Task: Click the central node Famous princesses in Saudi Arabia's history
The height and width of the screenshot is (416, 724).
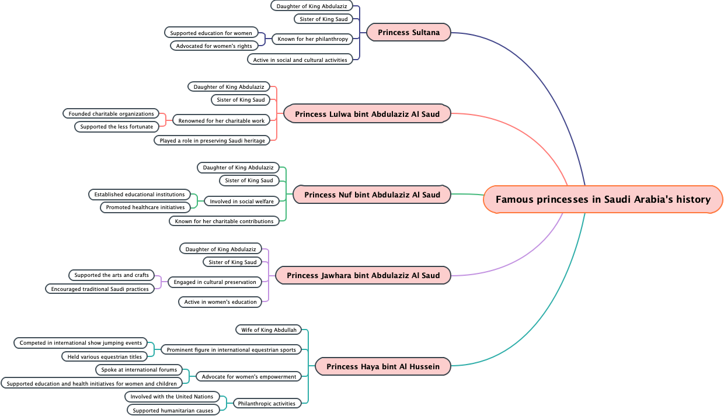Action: pyautogui.click(x=603, y=200)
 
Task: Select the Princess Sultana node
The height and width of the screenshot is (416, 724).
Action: pyautogui.click(x=409, y=33)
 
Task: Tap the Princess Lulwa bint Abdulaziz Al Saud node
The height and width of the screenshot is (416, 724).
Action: pyautogui.click(x=367, y=114)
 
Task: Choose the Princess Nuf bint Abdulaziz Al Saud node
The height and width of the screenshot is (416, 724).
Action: pyautogui.click(x=372, y=195)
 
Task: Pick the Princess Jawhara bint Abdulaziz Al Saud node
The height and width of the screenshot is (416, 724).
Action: pyautogui.click(x=363, y=275)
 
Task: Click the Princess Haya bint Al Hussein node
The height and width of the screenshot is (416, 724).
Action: pyautogui.click(x=383, y=367)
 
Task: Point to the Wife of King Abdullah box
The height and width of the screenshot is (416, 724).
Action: pyautogui.click(x=269, y=330)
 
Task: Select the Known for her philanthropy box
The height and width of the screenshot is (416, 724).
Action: pyautogui.click(x=312, y=39)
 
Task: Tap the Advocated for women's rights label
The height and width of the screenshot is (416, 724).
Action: pyautogui.click(x=214, y=46)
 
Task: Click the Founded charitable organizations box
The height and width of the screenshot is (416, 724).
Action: pyautogui.click(x=111, y=114)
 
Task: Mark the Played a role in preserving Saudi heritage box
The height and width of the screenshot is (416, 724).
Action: pyautogui.click(x=213, y=141)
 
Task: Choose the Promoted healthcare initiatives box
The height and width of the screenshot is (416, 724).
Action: pyautogui.click(x=145, y=207)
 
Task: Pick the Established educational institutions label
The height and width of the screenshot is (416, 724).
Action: pyautogui.click(x=140, y=195)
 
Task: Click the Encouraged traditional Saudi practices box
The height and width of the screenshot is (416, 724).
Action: pyautogui.click(x=100, y=289)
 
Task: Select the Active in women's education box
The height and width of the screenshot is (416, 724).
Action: pyautogui.click(x=220, y=302)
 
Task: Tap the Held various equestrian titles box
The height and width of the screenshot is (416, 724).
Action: pyautogui.click(x=105, y=357)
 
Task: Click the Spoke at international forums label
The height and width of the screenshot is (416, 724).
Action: pyautogui.click(x=139, y=370)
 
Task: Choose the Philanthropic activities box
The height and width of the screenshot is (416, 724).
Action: pyautogui.click(x=267, y=404)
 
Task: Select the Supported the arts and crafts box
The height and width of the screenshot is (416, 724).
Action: pyautogui.click(x=111, y=275)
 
